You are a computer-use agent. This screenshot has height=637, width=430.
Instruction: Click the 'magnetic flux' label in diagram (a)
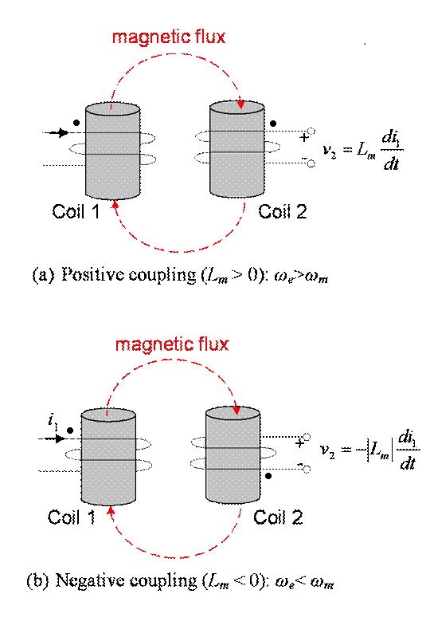168,37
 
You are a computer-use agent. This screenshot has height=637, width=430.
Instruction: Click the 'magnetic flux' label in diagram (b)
172,344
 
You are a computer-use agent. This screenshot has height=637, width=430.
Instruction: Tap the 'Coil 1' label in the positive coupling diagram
76,211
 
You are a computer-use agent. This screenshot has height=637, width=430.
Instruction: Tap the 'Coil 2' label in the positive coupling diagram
283,211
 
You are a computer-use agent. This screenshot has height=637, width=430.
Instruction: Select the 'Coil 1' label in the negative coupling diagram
72,517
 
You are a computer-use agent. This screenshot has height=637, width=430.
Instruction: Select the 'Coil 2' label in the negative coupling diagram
278,517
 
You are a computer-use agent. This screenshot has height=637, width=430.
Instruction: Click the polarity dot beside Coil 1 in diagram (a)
76,122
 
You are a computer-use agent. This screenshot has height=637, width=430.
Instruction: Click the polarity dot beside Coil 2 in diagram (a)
273,123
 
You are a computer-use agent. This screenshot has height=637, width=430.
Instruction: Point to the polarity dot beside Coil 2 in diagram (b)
268,476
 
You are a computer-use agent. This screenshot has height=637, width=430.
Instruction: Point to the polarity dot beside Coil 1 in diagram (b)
70,431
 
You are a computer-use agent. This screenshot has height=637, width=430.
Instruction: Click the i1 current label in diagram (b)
53,421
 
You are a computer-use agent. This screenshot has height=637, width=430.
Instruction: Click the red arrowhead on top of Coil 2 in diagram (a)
241,104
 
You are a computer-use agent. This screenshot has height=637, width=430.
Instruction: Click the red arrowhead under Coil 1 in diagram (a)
115,204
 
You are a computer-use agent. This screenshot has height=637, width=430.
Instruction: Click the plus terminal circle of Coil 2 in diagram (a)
311,132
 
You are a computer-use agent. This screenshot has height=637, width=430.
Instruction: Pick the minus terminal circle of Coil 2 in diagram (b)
307,470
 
